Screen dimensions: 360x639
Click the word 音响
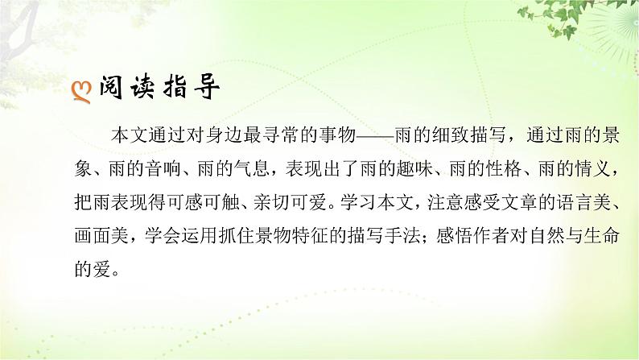click(x=171, y=170)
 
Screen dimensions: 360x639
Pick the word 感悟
click(x=459, y=234)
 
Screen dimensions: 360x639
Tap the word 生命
click(x=604, y=234)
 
